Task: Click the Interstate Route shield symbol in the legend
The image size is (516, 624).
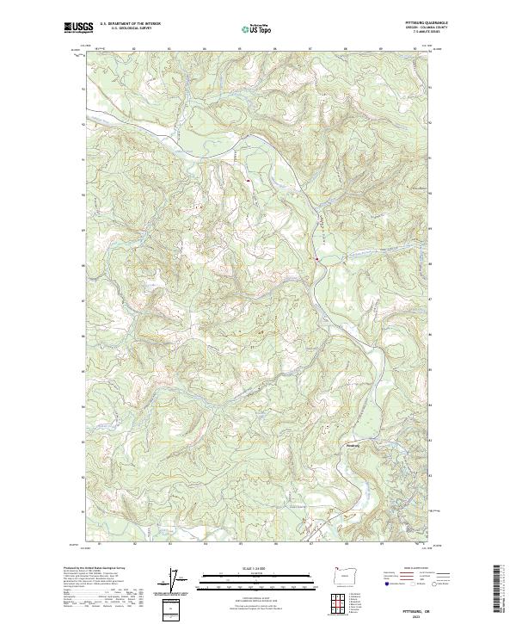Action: (x=386, y=583)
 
